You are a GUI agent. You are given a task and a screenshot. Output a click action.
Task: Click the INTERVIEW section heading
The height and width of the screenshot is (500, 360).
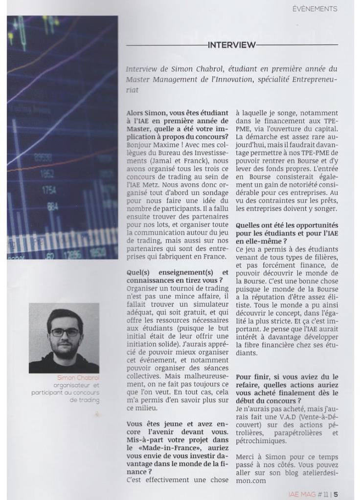point(231,45)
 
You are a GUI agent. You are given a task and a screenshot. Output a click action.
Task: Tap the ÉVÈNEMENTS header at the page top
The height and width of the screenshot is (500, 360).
point(315,8)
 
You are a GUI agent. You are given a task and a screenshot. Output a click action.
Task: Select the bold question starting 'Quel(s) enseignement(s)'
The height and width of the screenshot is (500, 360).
point(177,275)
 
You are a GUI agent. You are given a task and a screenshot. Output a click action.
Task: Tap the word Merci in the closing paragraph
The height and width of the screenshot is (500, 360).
point(245,457)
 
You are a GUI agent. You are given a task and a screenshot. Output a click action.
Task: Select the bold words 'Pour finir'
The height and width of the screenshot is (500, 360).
point(252,377)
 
